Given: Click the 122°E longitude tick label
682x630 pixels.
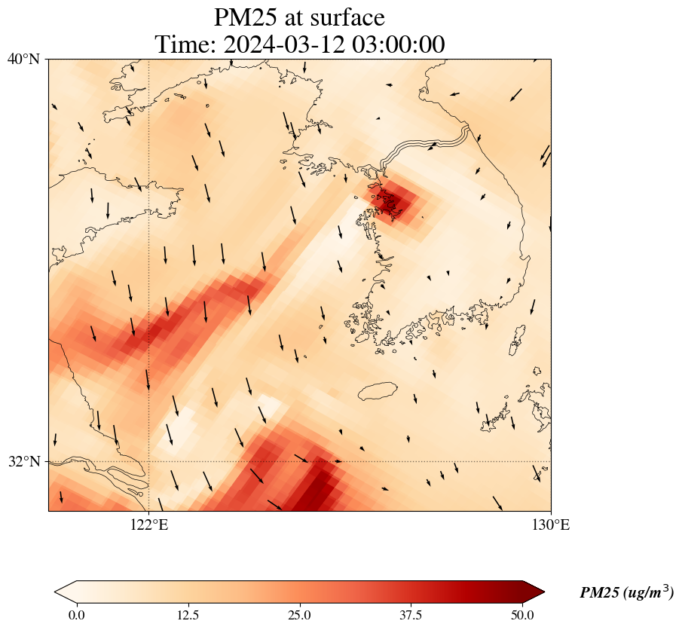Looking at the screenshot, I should (x=148, y=525).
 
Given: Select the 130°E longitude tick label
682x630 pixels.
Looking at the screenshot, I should (x=551, y=525).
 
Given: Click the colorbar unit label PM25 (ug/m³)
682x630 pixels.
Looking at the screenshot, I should (x=626, y=593).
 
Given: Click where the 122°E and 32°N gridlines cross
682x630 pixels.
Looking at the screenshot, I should (x=148, y=461).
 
